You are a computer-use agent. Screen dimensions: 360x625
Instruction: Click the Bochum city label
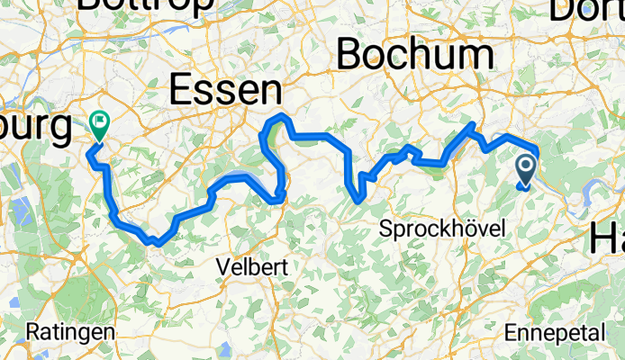point(416,56)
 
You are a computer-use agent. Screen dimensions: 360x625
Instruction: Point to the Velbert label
point(247,267)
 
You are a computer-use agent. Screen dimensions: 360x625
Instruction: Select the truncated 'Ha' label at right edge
point(607,239)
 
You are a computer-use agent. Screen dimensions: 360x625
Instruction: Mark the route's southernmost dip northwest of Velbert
point(159,242)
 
